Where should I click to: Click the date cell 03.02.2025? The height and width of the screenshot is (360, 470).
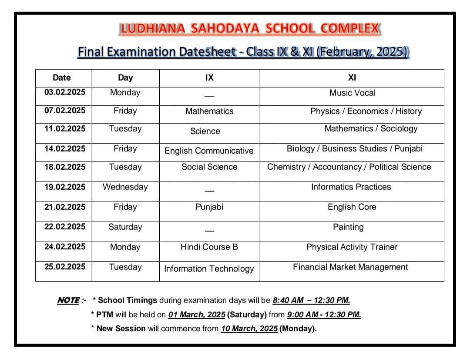click(x=65, y=92)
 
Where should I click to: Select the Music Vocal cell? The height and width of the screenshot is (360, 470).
click(x=352, y=93)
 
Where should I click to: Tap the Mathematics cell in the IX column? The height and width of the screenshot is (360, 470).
click(x=209, y=111)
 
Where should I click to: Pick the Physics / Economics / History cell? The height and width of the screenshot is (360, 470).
click(x=366, y=111)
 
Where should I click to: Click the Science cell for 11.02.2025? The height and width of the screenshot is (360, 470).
click(x=205, y=131)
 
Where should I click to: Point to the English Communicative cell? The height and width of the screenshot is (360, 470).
click(x=209, y=151)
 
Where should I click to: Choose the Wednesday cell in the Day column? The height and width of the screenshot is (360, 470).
click(x=125, y=187)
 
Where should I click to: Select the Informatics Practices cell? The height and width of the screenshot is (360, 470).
click(x=351, y=187)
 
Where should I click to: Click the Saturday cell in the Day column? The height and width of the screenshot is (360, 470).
click(x=125, y=227)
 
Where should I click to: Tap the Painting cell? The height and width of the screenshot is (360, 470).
click(x=348, y=227)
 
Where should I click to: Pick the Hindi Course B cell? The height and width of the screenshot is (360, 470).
click(x=209, y=247)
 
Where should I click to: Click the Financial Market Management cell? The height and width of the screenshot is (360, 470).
click(x=350, y=267)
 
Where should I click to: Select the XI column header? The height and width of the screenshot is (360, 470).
click(x=352, y=77)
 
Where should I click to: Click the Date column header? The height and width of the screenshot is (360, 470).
click(x=61, y=77)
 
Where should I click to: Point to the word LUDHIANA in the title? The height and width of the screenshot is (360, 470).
click(x=148, y=29)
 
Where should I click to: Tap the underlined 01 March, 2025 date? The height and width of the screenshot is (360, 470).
click(x=197, y=314)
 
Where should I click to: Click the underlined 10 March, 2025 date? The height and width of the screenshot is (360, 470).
click(x=249, y=329)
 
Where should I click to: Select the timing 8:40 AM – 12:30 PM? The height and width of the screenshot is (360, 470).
click(x=311, y=300)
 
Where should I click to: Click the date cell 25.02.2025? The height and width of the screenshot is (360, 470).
click(x=65, y=266)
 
